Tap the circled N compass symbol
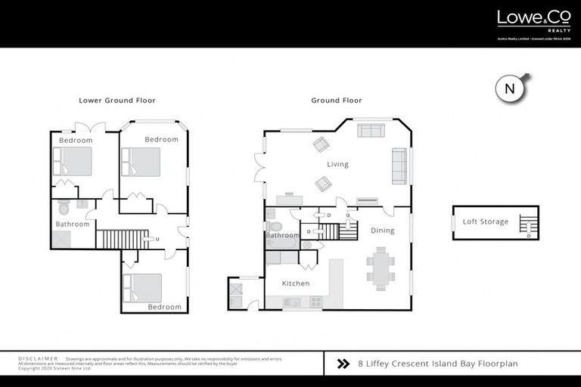tap(510, 88)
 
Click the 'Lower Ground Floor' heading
tap(117, 100)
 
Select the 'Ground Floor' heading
tap(337, 100)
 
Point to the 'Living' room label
tap(337, 164)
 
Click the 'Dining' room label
tap(382, 231)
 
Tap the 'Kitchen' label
tap(296, 283)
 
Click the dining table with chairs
tap(380, 269)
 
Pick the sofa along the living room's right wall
tap(398, 166)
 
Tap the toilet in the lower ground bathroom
tap(64, 207)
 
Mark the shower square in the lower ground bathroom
tap(62, 240)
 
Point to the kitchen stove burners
tap(315, 302)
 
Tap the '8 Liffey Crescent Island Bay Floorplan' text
tap(437, 364)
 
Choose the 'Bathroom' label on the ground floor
tap(282, 235)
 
